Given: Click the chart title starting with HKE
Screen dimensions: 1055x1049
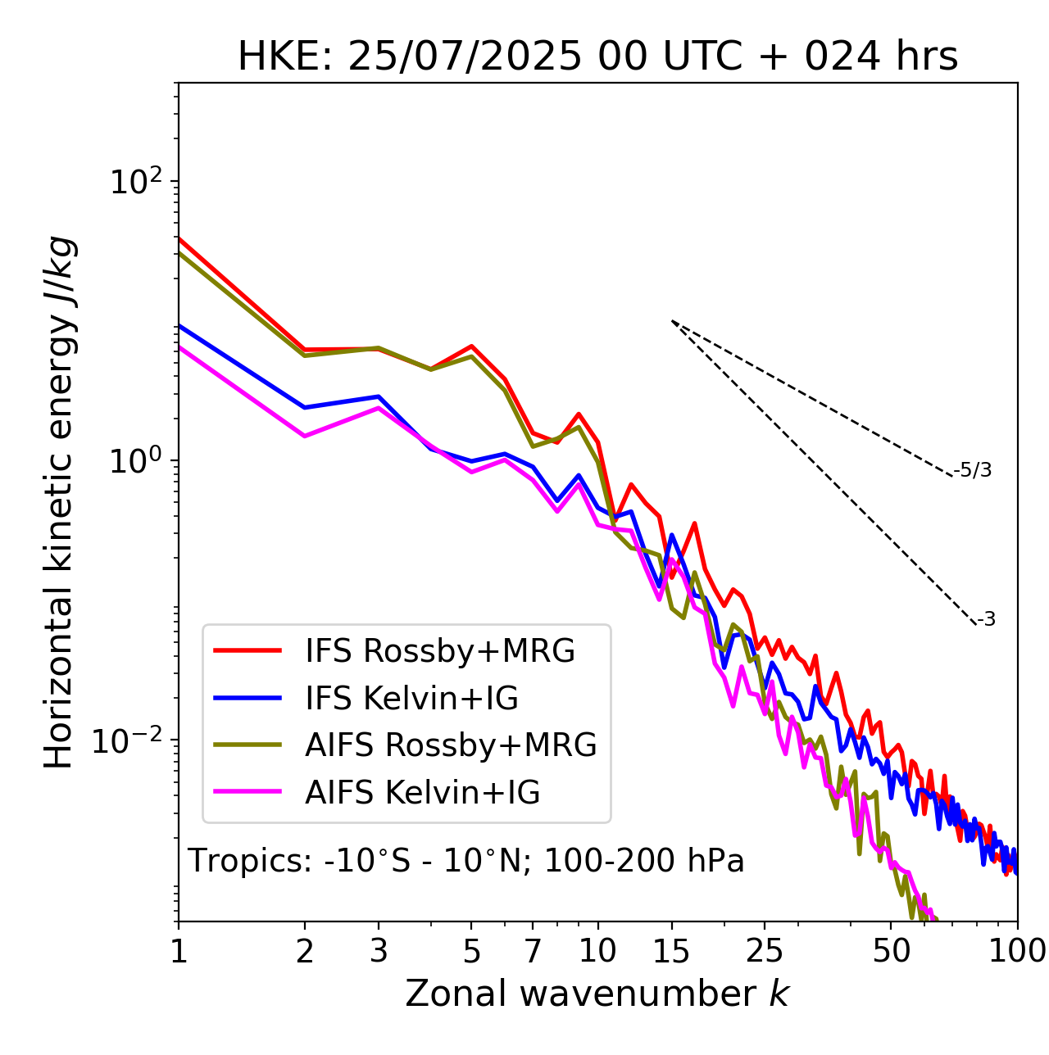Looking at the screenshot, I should (597, 57).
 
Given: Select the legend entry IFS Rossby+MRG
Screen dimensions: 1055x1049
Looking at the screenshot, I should (439, 650).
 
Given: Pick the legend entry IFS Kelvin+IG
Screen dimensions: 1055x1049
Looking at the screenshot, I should (411, 698).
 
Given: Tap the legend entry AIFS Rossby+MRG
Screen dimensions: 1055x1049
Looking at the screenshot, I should (450, 745).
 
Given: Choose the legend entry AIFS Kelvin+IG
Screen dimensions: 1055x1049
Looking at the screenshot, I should (422, 793).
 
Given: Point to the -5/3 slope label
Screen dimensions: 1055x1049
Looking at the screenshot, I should (973, 470).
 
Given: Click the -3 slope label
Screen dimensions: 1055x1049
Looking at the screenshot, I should (987, 619).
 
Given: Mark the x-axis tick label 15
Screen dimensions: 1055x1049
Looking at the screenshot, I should (671, 952).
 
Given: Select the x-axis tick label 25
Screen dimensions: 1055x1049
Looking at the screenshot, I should (765, 952).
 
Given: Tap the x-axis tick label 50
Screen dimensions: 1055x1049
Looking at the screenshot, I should (891, 952).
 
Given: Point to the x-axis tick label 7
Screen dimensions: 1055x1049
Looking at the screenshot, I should (533, 952).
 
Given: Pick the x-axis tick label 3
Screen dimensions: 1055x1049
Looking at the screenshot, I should (379, 952).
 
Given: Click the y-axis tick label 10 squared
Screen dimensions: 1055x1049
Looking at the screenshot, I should (134, 181).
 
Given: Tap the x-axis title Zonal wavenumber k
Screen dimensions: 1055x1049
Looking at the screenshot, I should (597, 994).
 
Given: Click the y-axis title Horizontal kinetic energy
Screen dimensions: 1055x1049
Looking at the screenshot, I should (60, 502).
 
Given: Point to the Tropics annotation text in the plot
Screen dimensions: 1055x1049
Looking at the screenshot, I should (465, 861).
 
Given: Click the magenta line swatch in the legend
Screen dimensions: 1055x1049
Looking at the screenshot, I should (247, 792).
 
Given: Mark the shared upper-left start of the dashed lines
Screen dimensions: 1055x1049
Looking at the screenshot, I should (672, 321).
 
